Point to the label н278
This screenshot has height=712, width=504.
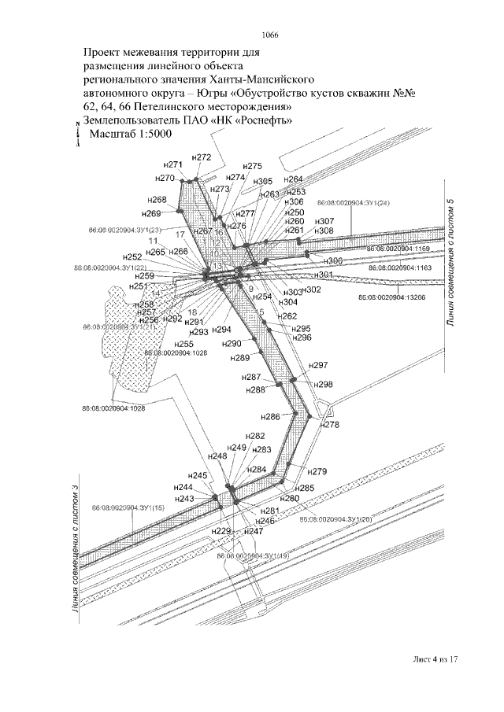330,424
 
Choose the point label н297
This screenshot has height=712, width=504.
318,367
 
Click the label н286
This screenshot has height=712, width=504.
269,416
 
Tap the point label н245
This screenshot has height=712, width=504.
198,476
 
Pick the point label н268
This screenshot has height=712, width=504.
157,200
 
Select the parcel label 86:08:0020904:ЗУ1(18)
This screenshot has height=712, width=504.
127,507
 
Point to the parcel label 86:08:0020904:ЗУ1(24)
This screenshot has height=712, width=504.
354,203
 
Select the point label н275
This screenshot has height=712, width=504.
253,166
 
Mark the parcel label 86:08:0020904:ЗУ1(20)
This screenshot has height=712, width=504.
335,520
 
